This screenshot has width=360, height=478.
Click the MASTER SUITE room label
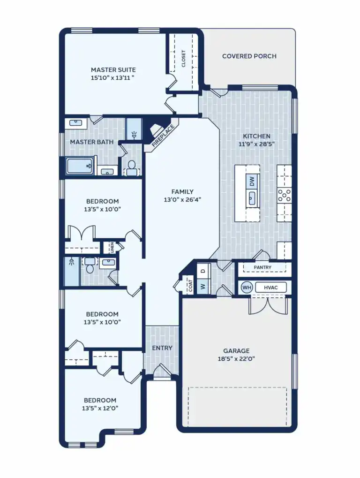(113, 70)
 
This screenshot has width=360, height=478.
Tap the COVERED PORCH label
(249, 56)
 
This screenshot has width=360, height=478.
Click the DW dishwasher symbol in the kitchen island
(252, 181)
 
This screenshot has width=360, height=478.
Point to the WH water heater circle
(247, 287)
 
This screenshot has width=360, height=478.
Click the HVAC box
(270, 287)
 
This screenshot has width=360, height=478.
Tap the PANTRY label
(262, 268)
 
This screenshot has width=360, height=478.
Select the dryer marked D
(202, 271)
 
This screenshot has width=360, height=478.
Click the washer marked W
(202, 286)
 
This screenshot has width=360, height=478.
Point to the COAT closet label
(190, 287)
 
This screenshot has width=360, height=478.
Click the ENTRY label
(162, 348)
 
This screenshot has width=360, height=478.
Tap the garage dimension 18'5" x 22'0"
(236, 359)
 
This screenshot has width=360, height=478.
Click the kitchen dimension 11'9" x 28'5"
(256, 144)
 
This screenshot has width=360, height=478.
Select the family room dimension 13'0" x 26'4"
(182, 199)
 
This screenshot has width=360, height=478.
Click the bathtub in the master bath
(80, 166)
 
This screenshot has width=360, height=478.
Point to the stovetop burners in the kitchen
(284, 194)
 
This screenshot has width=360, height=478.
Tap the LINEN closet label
(112, 247)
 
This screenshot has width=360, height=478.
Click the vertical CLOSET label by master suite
(183, 59)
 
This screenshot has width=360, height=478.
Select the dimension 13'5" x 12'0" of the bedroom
(100, 408)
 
